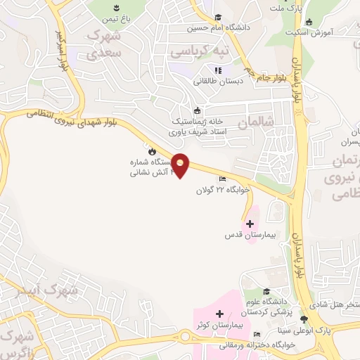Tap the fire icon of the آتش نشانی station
tap(151, 150)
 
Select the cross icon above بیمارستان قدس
tap(250, 224)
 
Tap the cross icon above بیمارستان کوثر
tap(219, 314)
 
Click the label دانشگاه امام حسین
tap(219, 29)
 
